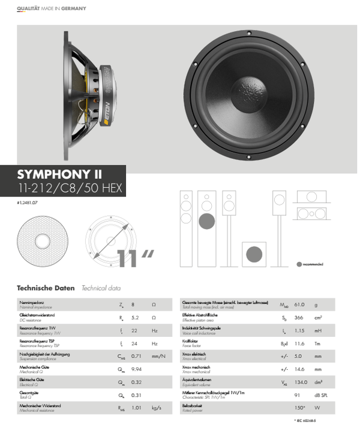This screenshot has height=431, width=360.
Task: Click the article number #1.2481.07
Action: [28, 204]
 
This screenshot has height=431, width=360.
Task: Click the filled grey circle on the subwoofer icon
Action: [206, 220]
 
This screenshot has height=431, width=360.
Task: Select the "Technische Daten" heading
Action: [46, 288]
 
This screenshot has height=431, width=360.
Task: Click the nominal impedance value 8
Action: [133, 305]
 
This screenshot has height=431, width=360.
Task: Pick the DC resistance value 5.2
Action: [135, 317]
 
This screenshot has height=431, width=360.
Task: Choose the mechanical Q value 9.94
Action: [137, 369]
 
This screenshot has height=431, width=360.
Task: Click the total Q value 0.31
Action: [137, 396]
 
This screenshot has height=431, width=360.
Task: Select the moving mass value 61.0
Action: [299, 304]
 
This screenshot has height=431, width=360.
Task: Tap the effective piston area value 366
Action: [298, 317]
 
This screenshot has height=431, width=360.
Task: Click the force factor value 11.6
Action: [299, 343]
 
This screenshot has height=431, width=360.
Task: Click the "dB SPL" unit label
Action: [322, 396]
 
